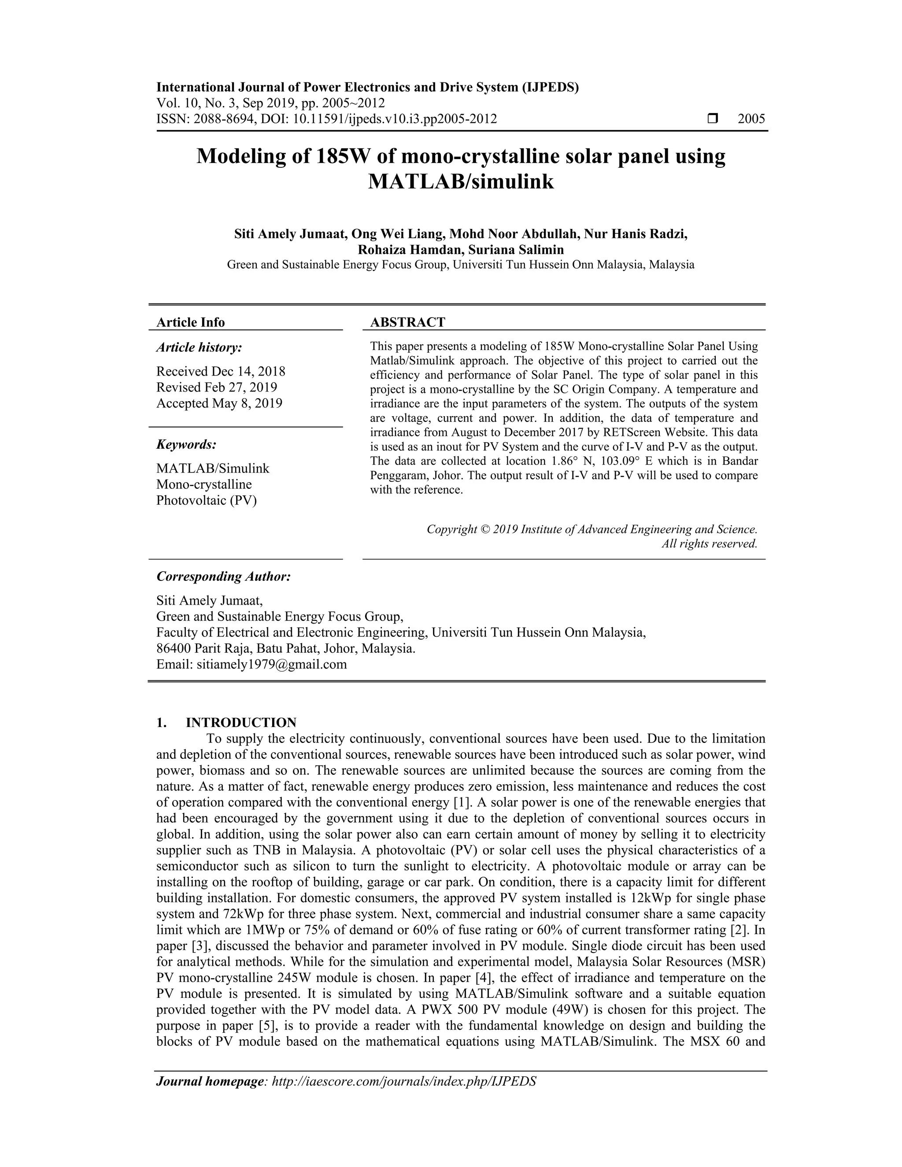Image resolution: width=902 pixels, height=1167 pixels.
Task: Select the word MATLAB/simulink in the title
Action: pyautogui.click(x=461, y=182)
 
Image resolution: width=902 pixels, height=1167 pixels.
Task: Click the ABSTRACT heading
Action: pyautogui.click(x=407, y=322)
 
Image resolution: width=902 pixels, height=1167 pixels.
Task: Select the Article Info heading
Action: pyautogui.click(x=190, y=322)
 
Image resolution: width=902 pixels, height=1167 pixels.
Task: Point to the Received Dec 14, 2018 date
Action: pyautogui.click(x=221, y=371)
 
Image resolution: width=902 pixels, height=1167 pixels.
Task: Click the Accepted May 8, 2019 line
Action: pyautogui.click(x=219, y=403)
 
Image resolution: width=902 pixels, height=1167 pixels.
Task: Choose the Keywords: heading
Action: pyautogui.click(x=186, y=445)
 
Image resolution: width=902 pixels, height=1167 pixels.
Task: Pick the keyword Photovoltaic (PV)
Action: pyautogui.click(x=206, y=501)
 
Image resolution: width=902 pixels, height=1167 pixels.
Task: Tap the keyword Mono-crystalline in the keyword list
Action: pyautogui.click(x=203, y=485)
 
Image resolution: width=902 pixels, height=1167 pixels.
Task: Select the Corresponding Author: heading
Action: pyautogui.click(x=223, y=576)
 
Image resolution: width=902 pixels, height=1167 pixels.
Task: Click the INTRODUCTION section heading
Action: pyautogui.click(x=240, y=723)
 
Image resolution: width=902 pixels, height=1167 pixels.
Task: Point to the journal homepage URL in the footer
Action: pyautogui.click(x=404, y=1082)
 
